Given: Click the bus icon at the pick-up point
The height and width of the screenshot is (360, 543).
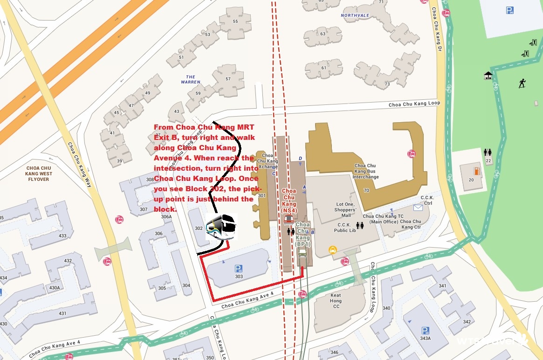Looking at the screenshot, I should [221, 227].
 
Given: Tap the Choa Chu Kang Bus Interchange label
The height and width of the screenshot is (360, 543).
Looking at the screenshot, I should [365, 171].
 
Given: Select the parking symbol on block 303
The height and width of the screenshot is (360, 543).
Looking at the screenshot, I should [239, 268].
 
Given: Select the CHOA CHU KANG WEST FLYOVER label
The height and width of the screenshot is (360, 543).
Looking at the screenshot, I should [40, 173].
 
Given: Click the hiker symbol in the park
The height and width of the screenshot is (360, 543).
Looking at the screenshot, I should [522, 83].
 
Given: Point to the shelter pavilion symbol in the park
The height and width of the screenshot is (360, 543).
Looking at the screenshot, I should [488, 75].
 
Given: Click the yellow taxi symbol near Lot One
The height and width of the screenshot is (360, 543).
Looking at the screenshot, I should [332, 250].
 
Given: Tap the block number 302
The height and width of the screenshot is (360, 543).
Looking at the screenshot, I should [199, 228].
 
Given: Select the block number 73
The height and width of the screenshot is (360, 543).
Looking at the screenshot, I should [387, 84].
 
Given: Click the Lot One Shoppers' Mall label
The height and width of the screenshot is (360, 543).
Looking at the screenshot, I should [346, 210].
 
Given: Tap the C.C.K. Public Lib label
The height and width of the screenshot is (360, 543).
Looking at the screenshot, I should [345, 228].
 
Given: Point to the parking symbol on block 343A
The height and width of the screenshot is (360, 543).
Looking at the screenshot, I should [425, 331].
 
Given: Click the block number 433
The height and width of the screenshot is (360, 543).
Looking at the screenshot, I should [62, 236].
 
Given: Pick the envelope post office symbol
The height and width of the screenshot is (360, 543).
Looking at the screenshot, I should [417, 208].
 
